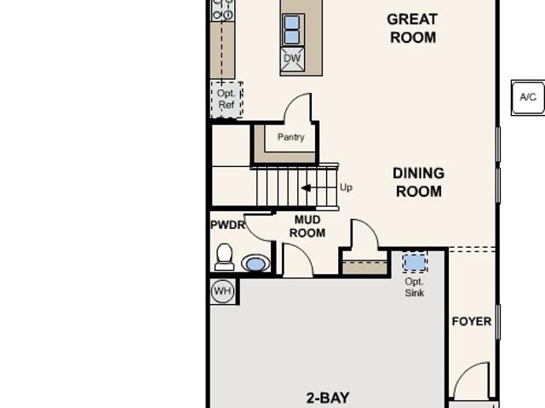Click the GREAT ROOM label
(x=412, y=28)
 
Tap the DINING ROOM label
(x=418, y=182)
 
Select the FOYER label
(x=472, y=321)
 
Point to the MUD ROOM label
(x=307, y=227)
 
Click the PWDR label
(x=227, y=225)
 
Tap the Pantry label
(x=291, y=137)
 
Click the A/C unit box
(x=528, y=97)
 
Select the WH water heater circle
(x=222, y=291)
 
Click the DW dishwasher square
(x=292, y=59)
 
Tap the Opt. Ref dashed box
(x=227, y=100)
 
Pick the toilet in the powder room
(x=224, y=257)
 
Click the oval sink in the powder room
(x=255, y=263)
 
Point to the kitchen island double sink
(x=292, y=30)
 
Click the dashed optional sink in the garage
(x=415, y=262)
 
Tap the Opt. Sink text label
(x=415, y=287)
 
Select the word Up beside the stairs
(x=346, y=187)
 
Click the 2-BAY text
(x=328, y=398)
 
